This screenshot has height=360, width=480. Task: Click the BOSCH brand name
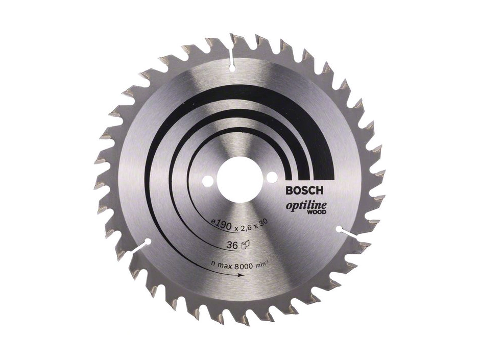click(x=304, y=190)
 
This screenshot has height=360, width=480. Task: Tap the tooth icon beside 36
click(x=246, y=244)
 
